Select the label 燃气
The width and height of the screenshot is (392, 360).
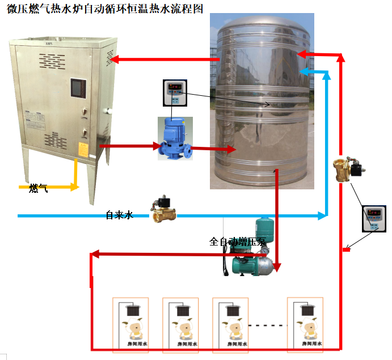(x=38, y=188)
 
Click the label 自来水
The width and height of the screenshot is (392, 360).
(x=119, y=215)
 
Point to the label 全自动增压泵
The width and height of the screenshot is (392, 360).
(x=237, y=242)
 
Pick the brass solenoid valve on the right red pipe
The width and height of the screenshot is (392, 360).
(x=346, y=170)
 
